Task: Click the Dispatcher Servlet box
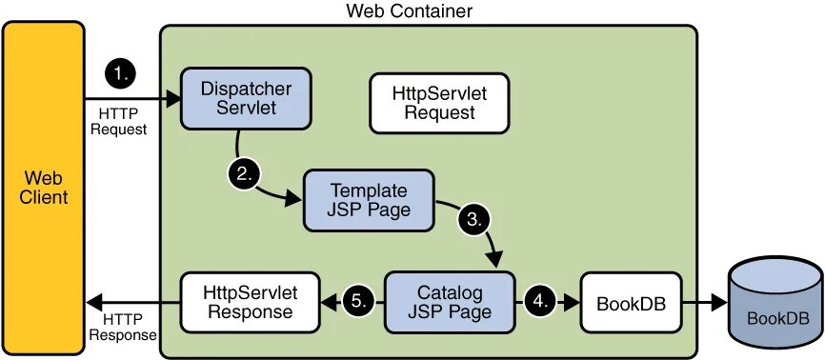[246, 98]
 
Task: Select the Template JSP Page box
[369, 200]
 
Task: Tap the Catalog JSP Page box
[450, 301]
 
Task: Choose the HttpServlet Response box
[250, 301]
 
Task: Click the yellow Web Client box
[44, 187]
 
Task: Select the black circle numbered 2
[245, 173]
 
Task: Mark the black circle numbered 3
[475, 218]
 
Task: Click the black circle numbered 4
[540, 301]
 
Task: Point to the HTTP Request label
[119, 121]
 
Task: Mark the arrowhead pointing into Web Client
[91, 302]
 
